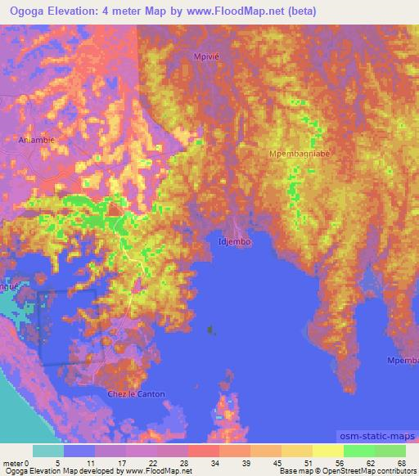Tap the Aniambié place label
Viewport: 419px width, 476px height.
coord(36,140)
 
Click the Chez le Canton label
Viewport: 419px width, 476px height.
coord(137,394)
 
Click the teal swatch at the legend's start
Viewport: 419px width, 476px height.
coord(47,451)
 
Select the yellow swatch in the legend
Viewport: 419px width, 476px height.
coord(328,451)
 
